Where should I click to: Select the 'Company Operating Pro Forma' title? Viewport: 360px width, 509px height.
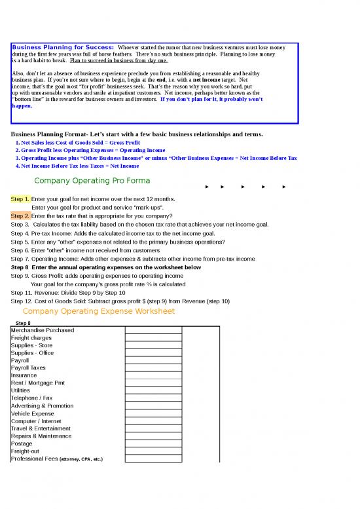[92, 181]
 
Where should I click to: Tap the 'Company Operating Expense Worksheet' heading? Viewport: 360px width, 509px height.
[99, 311]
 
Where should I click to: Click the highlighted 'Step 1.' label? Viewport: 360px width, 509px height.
[20, 198]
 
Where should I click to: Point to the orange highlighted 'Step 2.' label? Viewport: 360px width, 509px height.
[20, 216]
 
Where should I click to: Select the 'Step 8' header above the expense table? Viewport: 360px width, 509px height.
[23, 324]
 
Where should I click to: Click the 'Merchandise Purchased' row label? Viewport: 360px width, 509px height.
[43, 331]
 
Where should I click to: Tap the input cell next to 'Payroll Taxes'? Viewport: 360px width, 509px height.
[153, 368]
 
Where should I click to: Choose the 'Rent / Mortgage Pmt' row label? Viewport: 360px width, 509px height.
[38, 383]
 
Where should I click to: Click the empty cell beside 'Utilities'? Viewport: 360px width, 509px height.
[153, 390]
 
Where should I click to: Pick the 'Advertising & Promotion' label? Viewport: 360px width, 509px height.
[43, 405]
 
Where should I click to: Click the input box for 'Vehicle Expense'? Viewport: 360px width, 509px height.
[153, 413]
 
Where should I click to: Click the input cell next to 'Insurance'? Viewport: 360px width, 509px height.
[153, 375]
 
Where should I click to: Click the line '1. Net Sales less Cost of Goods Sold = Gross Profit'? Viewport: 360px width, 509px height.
[77, 142]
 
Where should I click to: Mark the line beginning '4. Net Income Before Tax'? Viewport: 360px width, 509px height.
[77, 166]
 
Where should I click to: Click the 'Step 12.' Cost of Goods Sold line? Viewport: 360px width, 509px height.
[120, 301]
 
